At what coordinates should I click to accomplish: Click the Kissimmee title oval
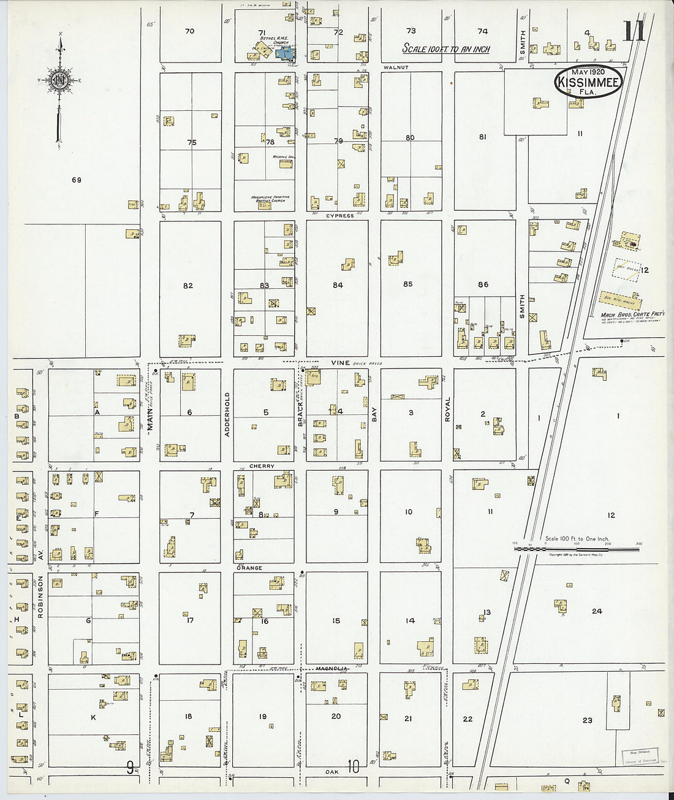pos(589,82)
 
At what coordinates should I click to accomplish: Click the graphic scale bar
pos(576,549)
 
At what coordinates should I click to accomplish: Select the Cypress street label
pos(339,216)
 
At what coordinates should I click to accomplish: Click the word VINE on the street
pos(340,363)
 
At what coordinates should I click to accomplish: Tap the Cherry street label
pos(262,466)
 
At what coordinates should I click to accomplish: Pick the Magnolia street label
pos(332,668)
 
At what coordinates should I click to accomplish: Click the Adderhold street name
pos(227,414)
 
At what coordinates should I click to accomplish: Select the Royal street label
pos(447,410)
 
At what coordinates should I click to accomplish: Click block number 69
pos(76,180)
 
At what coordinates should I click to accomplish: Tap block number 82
pos(188,286)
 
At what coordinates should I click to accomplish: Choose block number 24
pos(596,611)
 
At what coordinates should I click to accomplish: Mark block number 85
pos(408,284)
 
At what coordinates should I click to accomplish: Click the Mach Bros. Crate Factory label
pos(632,314)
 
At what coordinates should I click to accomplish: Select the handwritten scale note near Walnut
pos(445,48)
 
